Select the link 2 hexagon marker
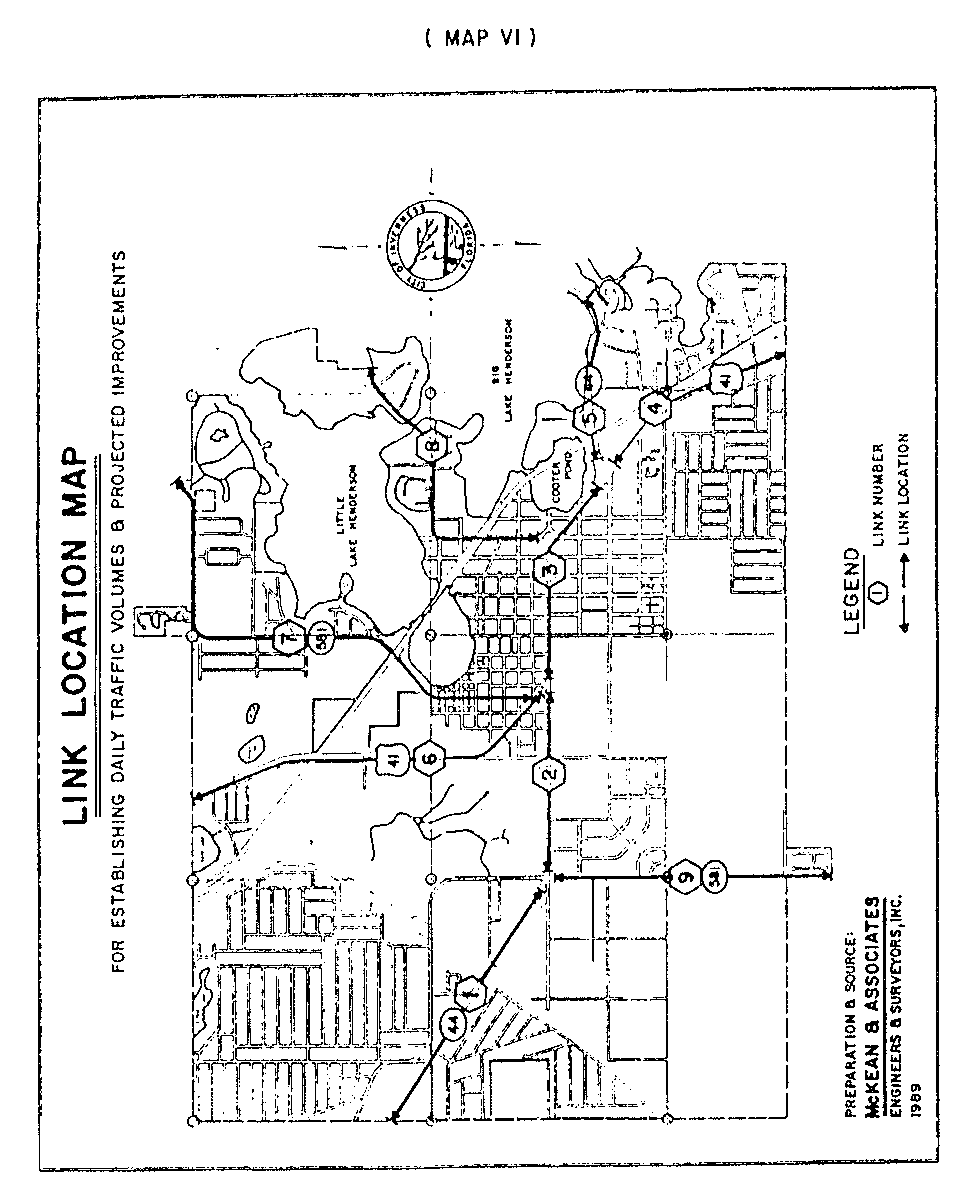pyautogui.click(x=549, y=773)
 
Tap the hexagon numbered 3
pyautogui.click(x=549, y=569)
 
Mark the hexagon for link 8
pyautogui.click(x=432, y=447)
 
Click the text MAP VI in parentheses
pyautogui.click(x=481, y=38)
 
